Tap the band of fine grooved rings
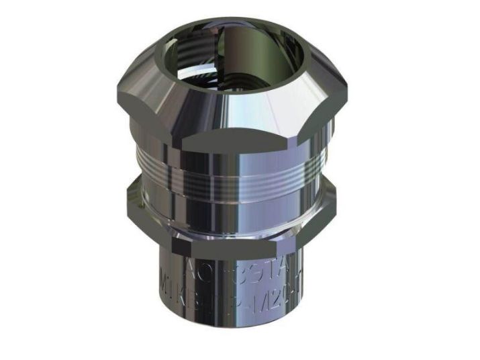click(235, 169)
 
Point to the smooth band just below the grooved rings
click(235, 188)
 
